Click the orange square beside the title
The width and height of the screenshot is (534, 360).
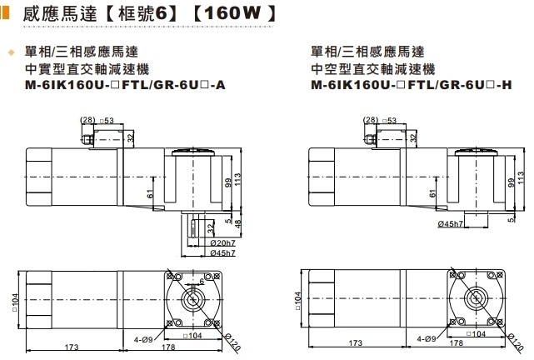[x=5, y=15]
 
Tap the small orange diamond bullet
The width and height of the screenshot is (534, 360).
[x=12, y=52]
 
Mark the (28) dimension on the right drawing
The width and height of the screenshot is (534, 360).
[x=371, y=120]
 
